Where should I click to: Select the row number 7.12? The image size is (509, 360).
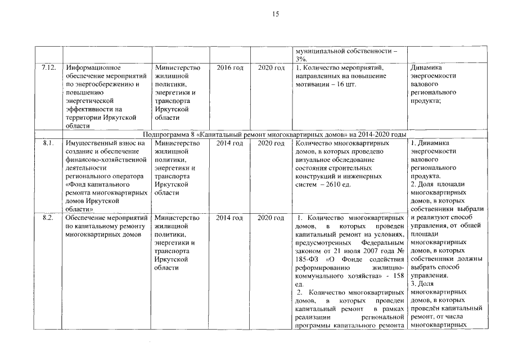[x=48, y=68]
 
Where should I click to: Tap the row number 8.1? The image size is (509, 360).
[x=48, y=143]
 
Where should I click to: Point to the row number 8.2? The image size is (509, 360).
[x=48, y=218]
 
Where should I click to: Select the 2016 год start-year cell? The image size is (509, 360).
[x=230, y=68]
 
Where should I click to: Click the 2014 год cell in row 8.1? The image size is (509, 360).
[x=230, y=143]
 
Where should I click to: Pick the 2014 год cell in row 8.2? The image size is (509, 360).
[x=230, y=218]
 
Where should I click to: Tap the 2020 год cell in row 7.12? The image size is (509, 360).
[x=271, y=68]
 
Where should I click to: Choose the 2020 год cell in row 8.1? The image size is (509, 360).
[x=271, y=143]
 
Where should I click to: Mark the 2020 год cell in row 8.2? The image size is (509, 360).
[x=271, y=218]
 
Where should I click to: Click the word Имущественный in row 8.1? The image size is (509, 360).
[x=91, y=143]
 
